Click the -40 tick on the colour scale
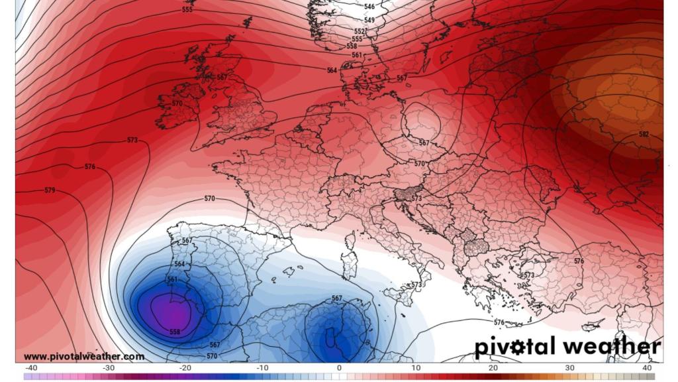pos(30,368)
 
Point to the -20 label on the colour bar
pos(185,368)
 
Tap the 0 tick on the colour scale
pos(339,368)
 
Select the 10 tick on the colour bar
pos(416,368)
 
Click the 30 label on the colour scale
pos(570,368)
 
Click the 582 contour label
pos(644,135)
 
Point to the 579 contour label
pos(50,191)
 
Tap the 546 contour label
pos(369,7)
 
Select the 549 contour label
pos(369,21)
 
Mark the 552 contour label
pos(360,31)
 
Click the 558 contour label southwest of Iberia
pos(175,332)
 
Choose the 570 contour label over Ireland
pos(177,103)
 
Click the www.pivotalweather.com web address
pos(84,357)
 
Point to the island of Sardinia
pos(346,265)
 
